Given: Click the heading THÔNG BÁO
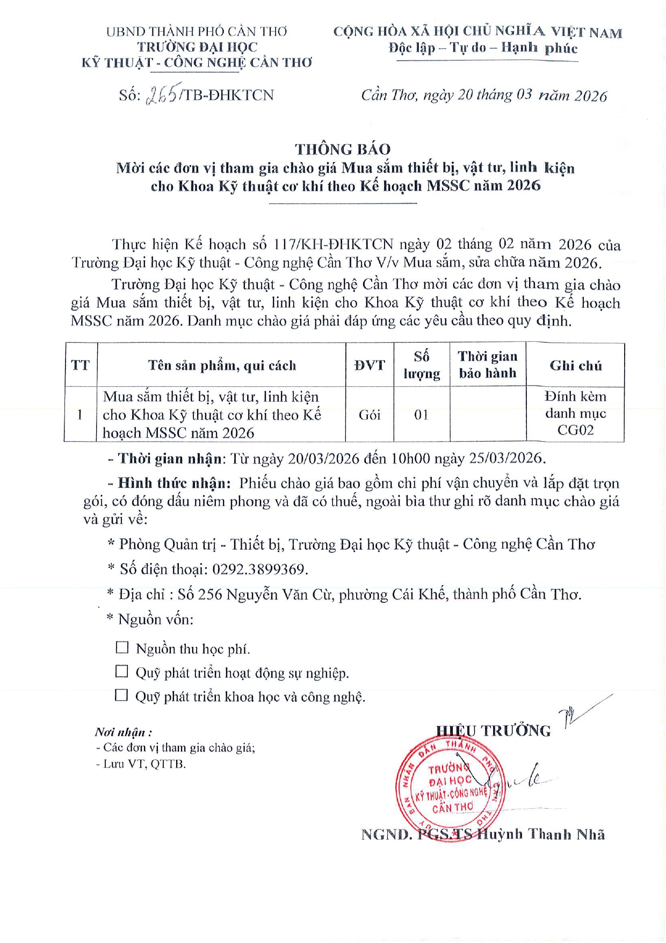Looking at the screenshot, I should [342, 149].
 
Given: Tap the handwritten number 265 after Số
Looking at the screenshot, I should [162, 95].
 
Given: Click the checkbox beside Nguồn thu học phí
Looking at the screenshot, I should [122, 647].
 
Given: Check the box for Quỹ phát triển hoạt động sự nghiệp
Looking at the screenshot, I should [122, 672].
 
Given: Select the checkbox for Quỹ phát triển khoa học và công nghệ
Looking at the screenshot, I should [122, 696].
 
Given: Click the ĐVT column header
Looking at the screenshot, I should [370, 365].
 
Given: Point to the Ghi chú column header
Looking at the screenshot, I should [575, 365].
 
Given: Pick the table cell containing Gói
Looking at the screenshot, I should [370, 415].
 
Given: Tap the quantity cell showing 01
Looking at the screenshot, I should [422, 415].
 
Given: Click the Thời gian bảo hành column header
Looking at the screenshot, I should [487, 365].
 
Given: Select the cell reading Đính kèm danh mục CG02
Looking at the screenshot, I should [575, 413].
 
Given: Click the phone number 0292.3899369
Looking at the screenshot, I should [259, 569].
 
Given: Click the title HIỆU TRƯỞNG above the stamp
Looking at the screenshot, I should [493, 731].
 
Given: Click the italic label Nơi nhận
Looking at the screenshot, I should [123, 732].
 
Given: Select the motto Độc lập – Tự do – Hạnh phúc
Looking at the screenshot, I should [483, 48].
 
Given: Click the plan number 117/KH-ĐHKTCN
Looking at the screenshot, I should [334, 244].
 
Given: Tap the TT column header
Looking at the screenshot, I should [81, 365].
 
